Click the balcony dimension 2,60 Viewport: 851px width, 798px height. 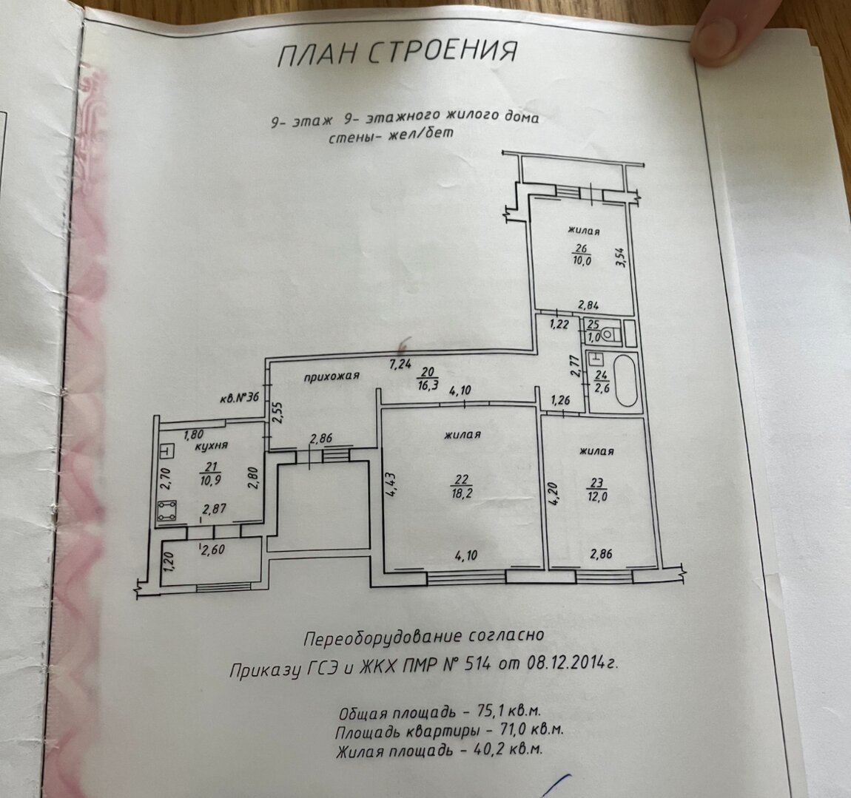[215, 549]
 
